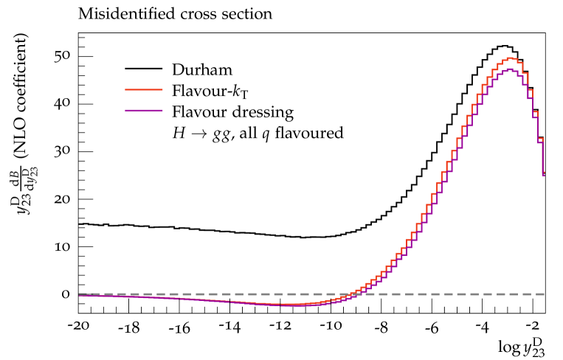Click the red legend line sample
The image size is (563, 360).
pos(144,89)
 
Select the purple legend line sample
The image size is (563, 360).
pos(144,111)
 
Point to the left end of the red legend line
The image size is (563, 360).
pos(126,89)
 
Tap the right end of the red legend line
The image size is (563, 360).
pos(162,89)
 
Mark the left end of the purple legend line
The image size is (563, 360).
pos(126,111)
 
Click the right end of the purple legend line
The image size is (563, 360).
pos(162,111)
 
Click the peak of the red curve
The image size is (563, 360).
pos(511,58)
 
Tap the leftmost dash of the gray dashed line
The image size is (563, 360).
pos(83,294)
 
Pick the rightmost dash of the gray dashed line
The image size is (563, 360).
pos(539,294)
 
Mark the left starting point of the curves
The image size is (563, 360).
pos(80,295)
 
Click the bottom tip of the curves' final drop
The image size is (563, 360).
pos(543,175)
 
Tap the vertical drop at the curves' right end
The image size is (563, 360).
pos(543,156)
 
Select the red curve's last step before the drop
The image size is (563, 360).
pos(540,139)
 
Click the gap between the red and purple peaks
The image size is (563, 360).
pos(510,63)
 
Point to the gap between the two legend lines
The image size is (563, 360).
pos(144,100)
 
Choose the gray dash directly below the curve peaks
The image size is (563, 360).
pos(509,294)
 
